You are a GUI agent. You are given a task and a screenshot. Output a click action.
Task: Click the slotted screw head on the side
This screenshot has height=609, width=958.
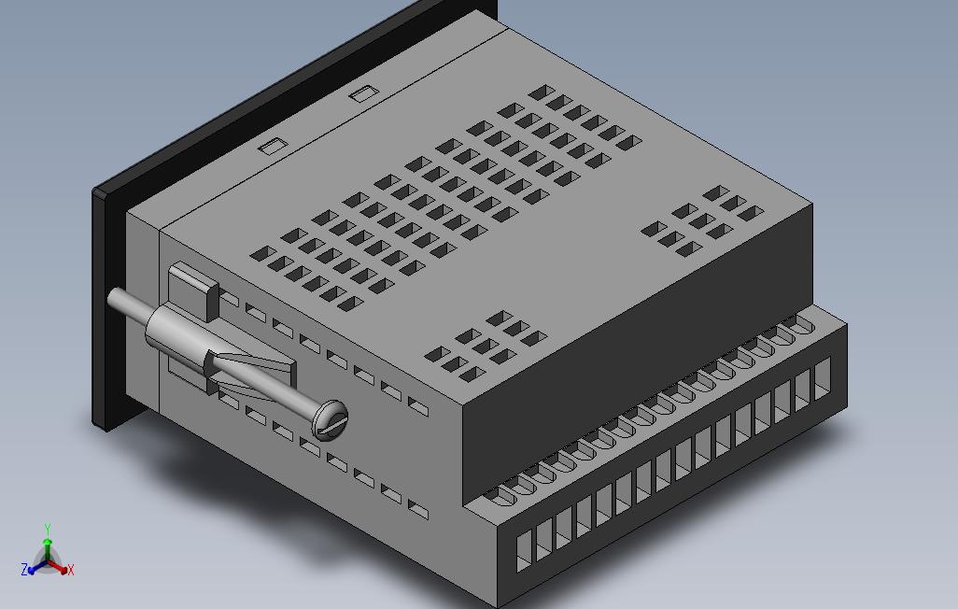[x=329, y=419]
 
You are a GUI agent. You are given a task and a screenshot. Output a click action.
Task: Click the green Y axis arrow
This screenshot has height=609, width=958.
[x=48, y=535]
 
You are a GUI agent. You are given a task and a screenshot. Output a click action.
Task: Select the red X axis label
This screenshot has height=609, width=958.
[x=71, y=569]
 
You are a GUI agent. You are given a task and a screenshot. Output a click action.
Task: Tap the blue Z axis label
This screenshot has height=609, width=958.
[x=25, y=569]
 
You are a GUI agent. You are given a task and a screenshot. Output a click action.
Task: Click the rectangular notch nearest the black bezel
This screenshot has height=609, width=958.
[x=273, y=146]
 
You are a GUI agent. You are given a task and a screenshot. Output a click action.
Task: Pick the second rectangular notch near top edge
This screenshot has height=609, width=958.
[x=362, y=93]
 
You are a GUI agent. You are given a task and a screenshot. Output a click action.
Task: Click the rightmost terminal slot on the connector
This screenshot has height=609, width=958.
[x=822, y=378]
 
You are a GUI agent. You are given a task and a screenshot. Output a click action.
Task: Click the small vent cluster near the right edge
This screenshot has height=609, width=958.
[x=700, y=220]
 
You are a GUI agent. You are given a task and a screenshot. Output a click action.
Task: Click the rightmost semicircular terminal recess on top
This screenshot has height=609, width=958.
[x=800, y=325]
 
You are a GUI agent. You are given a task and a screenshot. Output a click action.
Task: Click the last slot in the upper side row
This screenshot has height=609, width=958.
[x=418, y=407]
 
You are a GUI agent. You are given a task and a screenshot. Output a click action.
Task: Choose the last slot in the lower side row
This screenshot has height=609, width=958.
[x=418, y=510]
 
